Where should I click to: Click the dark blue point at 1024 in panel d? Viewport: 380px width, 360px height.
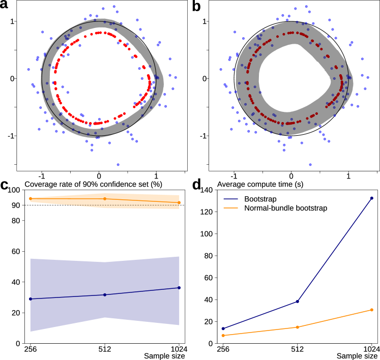tap(372, 198)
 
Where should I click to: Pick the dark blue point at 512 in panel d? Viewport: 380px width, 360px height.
tap(298, 302)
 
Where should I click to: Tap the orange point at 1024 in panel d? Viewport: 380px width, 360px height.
tap(372, 310)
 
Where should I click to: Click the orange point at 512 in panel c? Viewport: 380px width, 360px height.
tap(105, 199)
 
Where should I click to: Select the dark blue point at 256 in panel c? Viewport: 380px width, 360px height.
tap(31, 299)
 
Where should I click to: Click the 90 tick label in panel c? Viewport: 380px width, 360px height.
tap(16, 205)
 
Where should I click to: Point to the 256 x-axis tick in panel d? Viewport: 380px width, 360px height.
tap(223, 349)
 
